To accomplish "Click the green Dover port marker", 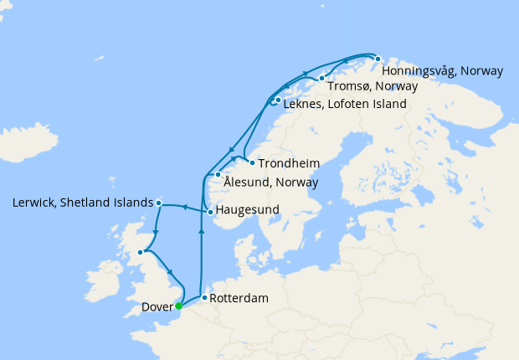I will pos(178,306).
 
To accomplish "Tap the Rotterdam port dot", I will pos(204,297).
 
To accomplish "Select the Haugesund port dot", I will pos(210,212).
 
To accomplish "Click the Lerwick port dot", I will pos(159,203).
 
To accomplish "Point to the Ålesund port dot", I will pos(218,174).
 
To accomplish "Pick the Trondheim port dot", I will pos(252,162).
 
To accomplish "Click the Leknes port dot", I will pos(278,100).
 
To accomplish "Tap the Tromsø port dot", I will pos(321,79).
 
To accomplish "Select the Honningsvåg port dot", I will pos(378,59).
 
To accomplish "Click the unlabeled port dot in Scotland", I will pos(141,250).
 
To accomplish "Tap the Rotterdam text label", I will pos(239,298).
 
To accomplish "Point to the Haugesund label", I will pos(248,209).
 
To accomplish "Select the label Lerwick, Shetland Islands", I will pos(83,203).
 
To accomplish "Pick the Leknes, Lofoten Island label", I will pos(345,105).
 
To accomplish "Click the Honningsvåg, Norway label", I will pos(442,71).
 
